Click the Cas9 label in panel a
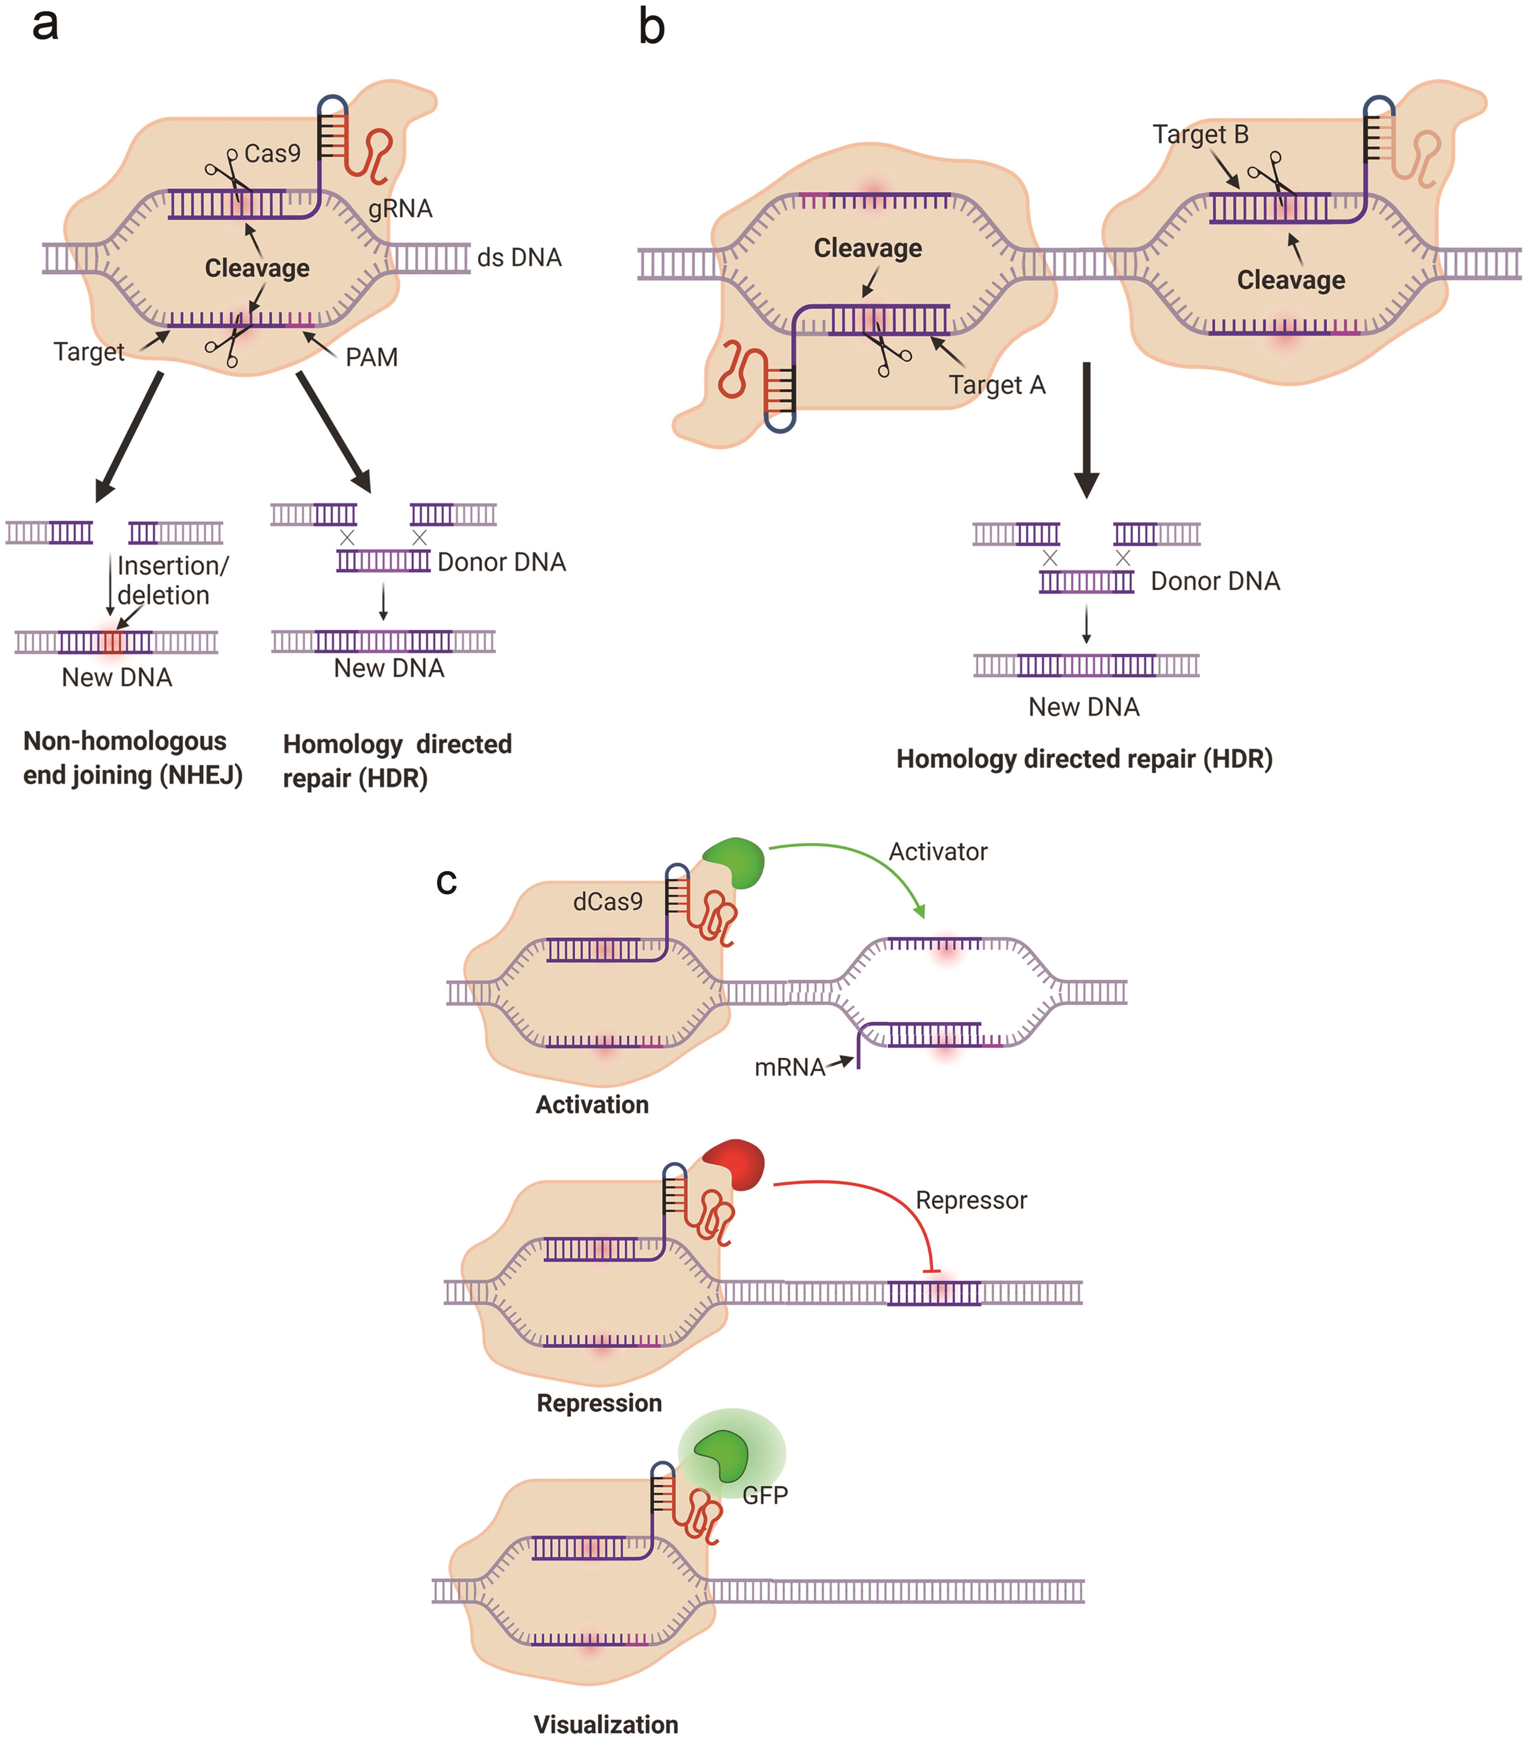(272, 154)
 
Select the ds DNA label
(519, 258)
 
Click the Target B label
(1201, 135)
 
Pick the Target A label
(997, 386)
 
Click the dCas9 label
(607, 902)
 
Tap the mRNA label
(790, 1067)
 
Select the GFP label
(765, 1495)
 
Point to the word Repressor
(971, 1200)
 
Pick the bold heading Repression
(599, 1403)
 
